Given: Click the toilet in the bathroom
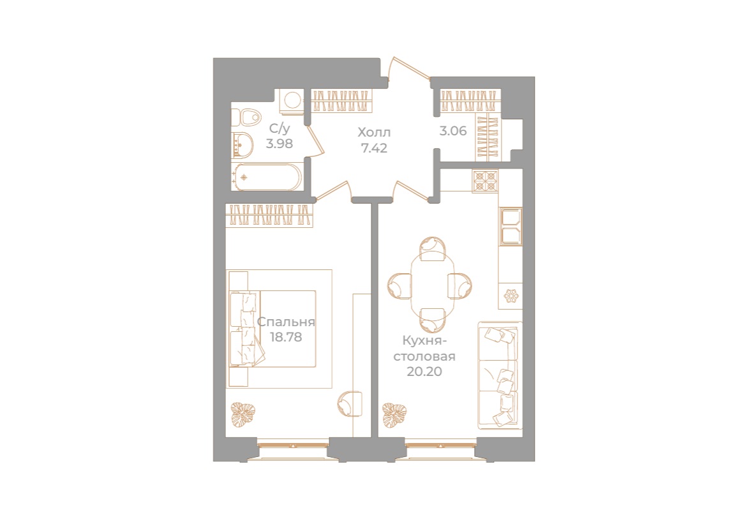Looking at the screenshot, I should point(248,117).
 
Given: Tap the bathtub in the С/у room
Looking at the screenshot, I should point(267,177).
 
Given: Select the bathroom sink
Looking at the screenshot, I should point(243,146).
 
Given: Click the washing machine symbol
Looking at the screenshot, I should point(294,101).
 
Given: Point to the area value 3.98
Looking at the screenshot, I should point(280,144).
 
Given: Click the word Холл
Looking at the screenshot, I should point(373,133).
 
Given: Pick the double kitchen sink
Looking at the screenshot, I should point(511,226).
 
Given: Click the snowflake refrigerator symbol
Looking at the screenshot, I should point(511,296).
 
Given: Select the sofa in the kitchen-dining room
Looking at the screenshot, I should point(500,375).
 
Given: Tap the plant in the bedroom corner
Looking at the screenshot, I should point(243,415).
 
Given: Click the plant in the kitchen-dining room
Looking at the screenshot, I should point(394,415).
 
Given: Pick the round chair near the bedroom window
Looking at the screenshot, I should point(348,402).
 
